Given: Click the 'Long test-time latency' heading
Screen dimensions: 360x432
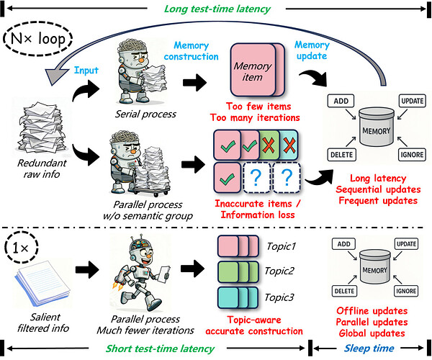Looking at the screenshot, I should tap(215, 9).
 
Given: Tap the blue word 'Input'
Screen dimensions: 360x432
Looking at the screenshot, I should tap(84, 69).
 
